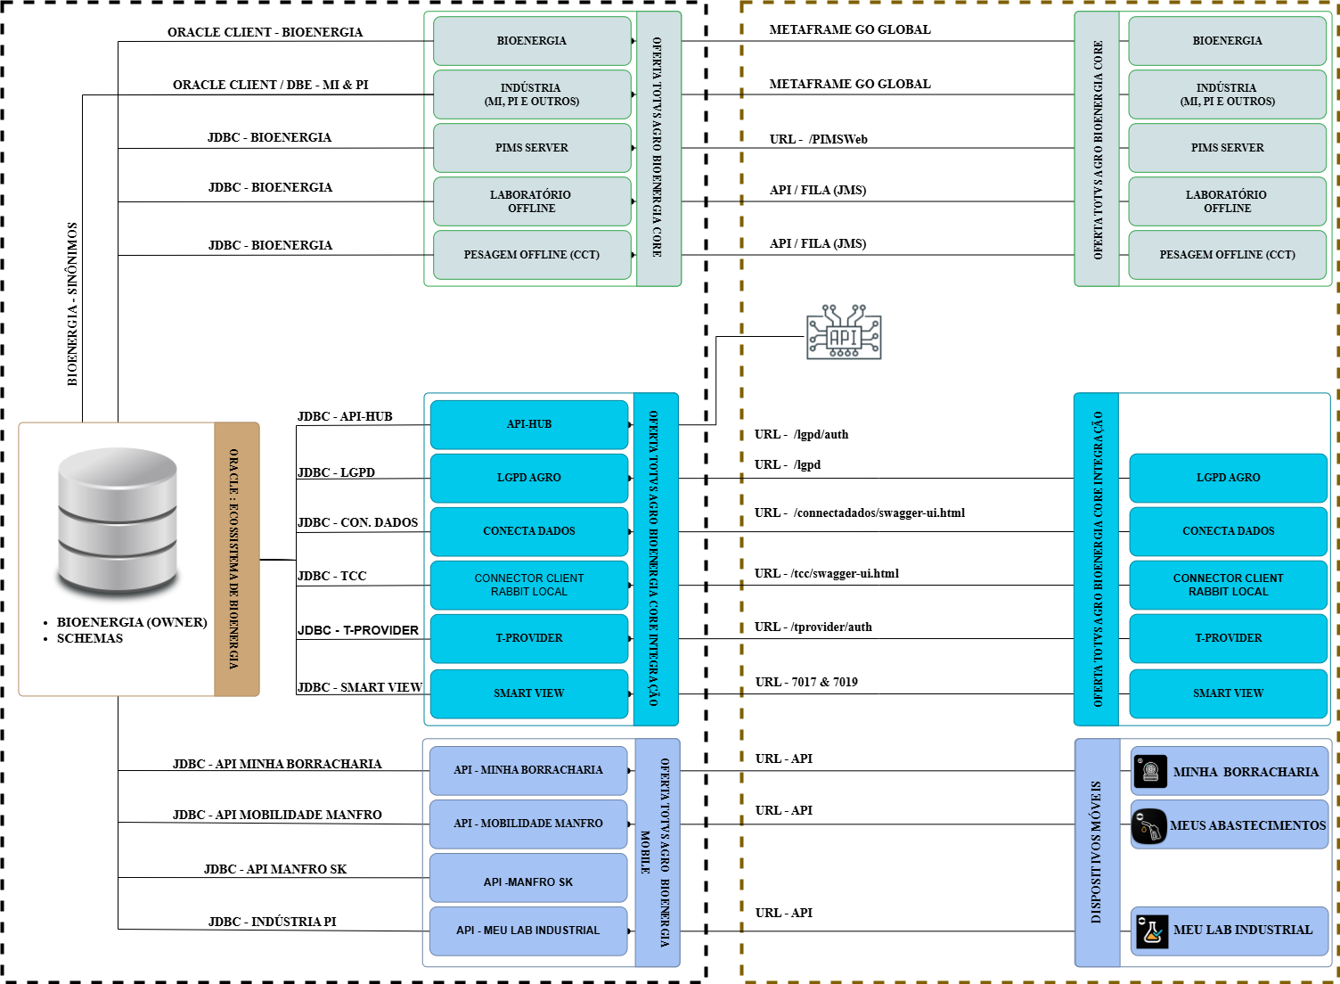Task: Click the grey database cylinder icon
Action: tap(118, 522)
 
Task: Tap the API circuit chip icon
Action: tap(844, 333)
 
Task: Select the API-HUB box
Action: tap(529, 424)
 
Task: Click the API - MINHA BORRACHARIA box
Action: tap(528, 770)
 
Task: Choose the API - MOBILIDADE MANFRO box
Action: tap(528, 824)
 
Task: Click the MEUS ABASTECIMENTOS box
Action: tap(1230, 825)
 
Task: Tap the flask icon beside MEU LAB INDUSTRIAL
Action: tap(1152, 931)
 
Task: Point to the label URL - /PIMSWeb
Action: tap(818, 139)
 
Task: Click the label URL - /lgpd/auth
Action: tap(801, 435)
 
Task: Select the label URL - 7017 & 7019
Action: tap(806, 682)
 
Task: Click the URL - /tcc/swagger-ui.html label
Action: tap(827, 574)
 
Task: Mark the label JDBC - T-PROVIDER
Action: tap(358, 630)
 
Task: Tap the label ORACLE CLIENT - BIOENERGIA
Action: tap(265, 32)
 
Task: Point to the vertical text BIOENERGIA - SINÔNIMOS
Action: tap(72, 303)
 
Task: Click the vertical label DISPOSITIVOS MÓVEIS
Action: tap(1096, 851)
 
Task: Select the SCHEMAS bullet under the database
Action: tap(89, 638)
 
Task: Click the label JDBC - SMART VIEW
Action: tap(360, 687)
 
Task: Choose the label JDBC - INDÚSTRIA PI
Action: tap(273, 922)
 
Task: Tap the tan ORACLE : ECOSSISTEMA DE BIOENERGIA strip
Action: tap(235, 559)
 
